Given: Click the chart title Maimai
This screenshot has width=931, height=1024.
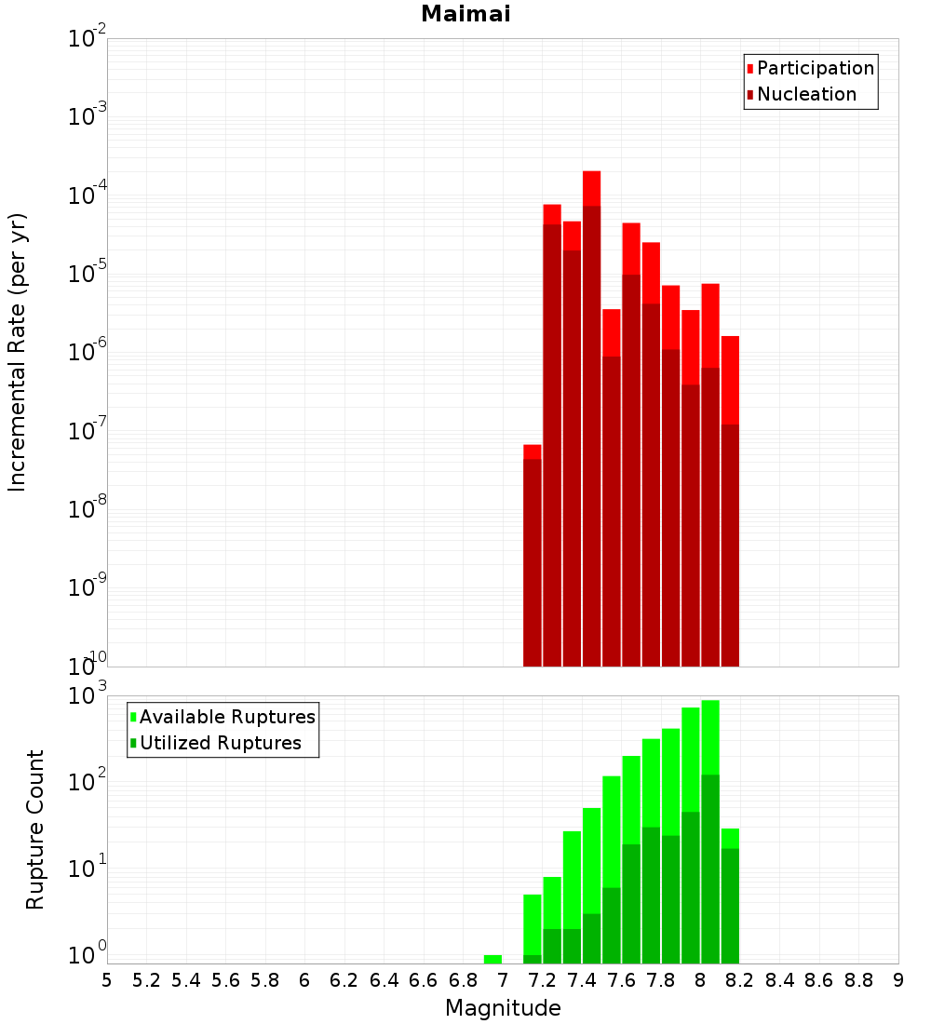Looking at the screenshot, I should [465, 14].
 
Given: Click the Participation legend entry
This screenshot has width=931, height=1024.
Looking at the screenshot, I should [815, 68].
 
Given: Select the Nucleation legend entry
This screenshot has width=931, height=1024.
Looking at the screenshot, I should [805, 94].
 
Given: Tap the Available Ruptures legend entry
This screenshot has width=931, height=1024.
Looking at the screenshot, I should [226, 717].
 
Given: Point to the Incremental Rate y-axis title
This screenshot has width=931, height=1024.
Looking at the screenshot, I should [18, 352].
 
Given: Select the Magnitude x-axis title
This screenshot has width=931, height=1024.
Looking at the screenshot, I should [503, 1008].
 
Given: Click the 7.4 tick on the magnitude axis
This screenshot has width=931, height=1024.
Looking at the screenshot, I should [582, 980].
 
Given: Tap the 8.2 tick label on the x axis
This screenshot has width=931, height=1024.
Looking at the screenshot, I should [740, 980].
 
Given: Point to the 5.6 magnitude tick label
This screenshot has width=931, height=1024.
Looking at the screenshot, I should [225, 980].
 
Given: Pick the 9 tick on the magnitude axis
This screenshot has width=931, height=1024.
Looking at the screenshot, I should [897, 980].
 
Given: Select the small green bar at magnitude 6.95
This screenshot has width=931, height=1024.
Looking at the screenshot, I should [492, 959].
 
